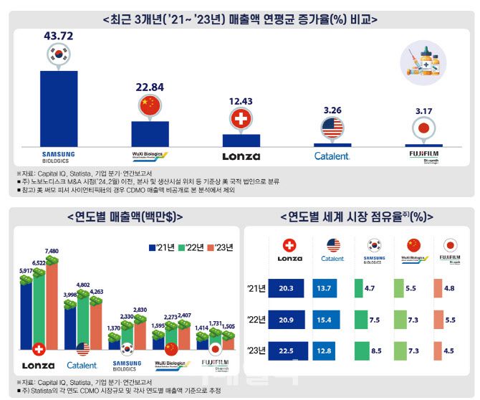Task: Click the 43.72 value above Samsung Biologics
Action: point(58,34)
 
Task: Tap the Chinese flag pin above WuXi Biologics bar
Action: point(150,106)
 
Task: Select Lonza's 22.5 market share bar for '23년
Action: point(288,350)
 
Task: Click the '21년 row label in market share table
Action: point(254,289)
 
